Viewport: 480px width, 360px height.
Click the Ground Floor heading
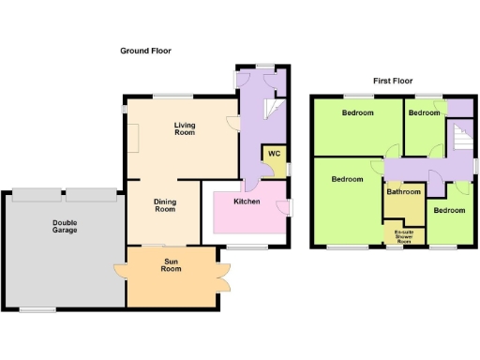145,51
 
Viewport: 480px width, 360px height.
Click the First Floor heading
395,82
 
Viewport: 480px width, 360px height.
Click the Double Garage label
66,226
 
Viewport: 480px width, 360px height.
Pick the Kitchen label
247,202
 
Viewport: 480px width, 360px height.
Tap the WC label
274,154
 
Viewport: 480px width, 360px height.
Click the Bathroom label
404,192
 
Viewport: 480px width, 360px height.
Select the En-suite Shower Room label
404,234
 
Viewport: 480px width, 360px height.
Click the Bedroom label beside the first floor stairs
424,112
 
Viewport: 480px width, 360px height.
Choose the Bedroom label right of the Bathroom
449,210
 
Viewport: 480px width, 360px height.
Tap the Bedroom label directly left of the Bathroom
347,179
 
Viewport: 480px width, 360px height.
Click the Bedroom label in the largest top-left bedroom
357,113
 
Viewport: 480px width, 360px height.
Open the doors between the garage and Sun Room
121,272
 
